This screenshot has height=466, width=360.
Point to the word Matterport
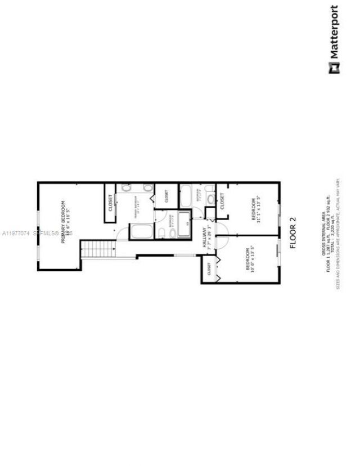334,32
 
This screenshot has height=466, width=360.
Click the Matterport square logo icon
334,69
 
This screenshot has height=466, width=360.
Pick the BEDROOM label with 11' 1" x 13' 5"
254,209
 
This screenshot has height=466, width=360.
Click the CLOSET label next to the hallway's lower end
209,269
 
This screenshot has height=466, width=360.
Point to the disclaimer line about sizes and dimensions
338,234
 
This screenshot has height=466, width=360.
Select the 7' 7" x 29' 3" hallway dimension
209,238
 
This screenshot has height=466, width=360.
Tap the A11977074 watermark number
16,232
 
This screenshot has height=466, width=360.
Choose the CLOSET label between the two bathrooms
166,196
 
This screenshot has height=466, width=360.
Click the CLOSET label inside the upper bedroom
222,201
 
